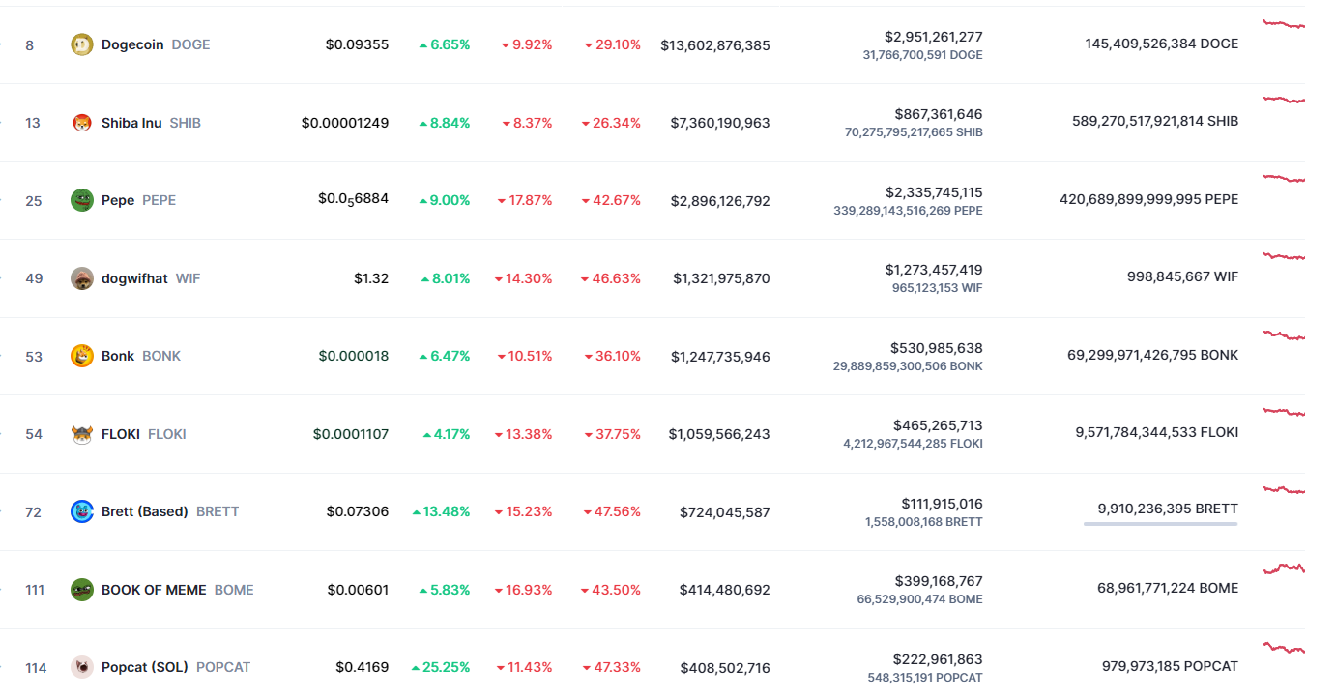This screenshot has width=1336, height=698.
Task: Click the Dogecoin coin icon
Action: pyautogui.click(x=82, y=44)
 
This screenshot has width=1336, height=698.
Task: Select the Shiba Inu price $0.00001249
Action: pyautogui.click(x=345, y=123)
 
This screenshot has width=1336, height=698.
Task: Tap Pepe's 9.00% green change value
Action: pyautogui.click(x=445, y=200)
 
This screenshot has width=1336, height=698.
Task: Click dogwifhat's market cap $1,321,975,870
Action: pyautogui.click(x=721, y=278)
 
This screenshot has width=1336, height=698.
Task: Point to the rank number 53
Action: pyautogui.click(x=34, y=357)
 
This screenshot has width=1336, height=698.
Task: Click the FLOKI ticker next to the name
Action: pyautogui.click(x=167, y=434)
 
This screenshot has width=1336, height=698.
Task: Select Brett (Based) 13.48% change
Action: pyautogui.click(x=442, y=511)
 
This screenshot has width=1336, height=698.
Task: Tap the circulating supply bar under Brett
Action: pyautogui.click(x=1160, y=524)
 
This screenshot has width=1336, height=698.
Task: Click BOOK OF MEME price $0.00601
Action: pyautogui.click(x=358, y=590)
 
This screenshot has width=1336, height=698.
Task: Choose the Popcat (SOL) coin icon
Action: pyautogui.click(x=82, y=667)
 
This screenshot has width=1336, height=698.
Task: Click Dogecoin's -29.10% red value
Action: pyautogui.click(x=613, y=44)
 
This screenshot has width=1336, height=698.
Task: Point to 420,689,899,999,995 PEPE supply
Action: pyautogui.click(x=1148, y=199)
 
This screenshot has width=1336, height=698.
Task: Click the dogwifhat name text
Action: pyautogui.click(x=134, y=278)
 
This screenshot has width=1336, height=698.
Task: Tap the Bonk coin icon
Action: pyautogui.click(x=82, y=356)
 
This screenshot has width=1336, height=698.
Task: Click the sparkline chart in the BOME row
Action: pyautogui.click(x=1284, y=567)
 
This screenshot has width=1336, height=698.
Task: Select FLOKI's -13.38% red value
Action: pyautogui.click(x=524, y=434)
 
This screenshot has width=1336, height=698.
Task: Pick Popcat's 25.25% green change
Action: pyautogui.click(x=441, y=667)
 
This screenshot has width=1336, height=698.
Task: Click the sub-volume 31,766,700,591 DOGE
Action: pyautogui.click(x=922, y=55)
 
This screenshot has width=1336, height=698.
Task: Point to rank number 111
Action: pyautogui.click(x=35, y=590)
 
